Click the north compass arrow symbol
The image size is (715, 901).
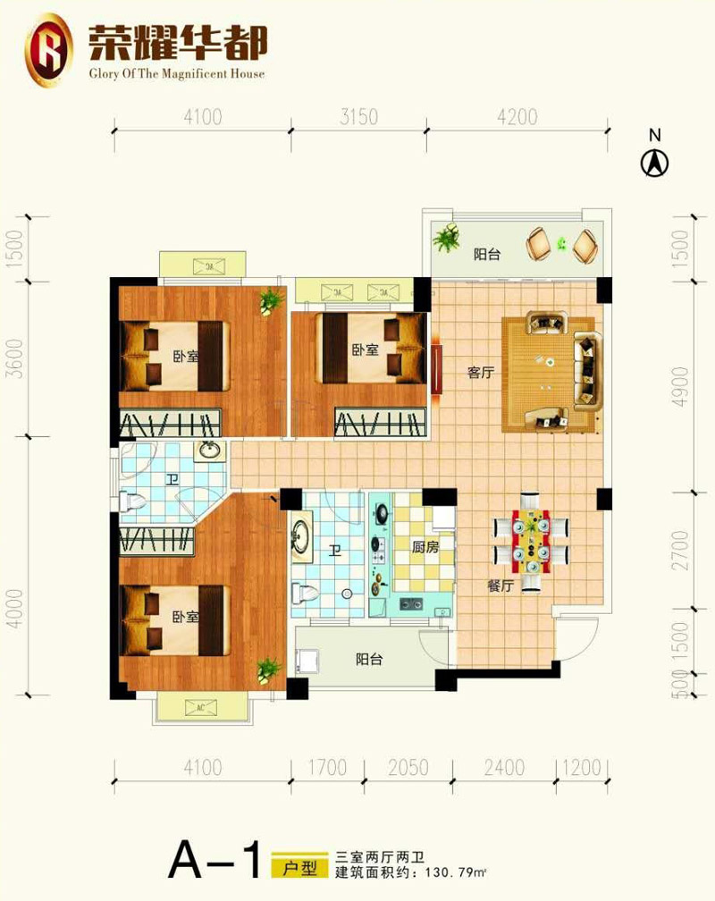coord(654,163)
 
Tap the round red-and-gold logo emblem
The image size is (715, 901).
coord(49,50)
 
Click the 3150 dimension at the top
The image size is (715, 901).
coord(358,116)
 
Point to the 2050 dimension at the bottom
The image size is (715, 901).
coord(408,768)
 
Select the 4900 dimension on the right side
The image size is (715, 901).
coord(680,387)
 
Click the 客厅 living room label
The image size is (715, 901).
coord(481,373)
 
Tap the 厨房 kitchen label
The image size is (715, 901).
coord(425,547)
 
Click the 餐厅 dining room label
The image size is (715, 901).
coord(500,585)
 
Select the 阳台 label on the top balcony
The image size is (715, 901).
coord(487,254)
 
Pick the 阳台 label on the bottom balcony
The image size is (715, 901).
coord(369,659)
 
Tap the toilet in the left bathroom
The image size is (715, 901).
coord(133,502)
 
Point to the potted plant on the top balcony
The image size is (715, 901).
coord(447,238)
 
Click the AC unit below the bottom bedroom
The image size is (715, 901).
coord(200,707)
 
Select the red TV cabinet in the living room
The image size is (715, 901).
coord(437,369)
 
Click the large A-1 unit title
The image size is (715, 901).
coord(214,859)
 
